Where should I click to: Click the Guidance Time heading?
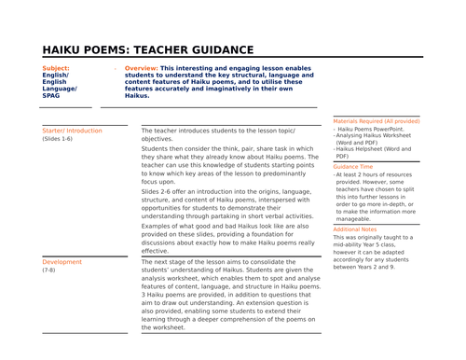(358, 166)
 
